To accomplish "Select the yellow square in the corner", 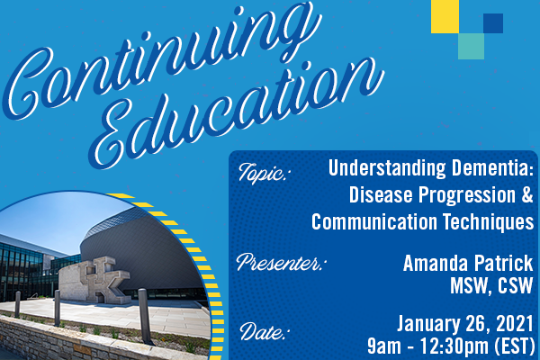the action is pos(445,16).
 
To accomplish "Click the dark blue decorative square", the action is pos(493,23).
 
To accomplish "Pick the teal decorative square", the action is pos(471,46).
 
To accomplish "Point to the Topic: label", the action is pos(263,174).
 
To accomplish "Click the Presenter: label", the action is pos(282,263).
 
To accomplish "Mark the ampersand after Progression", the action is pos(526,195).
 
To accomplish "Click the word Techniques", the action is pos(488,222).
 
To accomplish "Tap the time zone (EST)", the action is pos(514,346).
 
